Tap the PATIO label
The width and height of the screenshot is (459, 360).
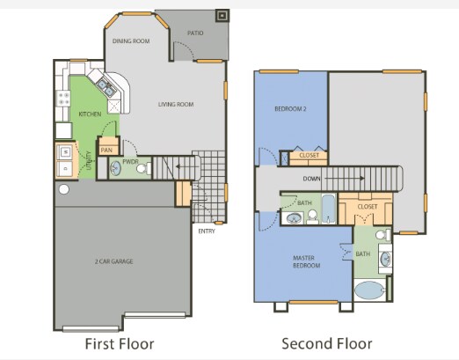point(195,33)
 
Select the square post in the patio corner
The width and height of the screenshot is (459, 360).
point(222,15)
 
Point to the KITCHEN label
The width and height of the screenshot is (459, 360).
point(91,114)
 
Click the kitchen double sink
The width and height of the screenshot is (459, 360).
point(106,86)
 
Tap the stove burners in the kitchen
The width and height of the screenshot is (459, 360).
point(62,99)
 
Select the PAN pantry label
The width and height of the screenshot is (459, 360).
point(107,150)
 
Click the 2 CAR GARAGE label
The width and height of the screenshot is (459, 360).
point(115,261)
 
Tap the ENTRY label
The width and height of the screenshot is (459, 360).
point(207,231)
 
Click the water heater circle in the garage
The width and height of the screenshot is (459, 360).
point(63,189)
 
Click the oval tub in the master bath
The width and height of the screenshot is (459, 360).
point(370,291)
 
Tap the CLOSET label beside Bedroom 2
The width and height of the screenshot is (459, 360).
point(310,156)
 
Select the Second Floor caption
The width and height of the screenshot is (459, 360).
point(327,342)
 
